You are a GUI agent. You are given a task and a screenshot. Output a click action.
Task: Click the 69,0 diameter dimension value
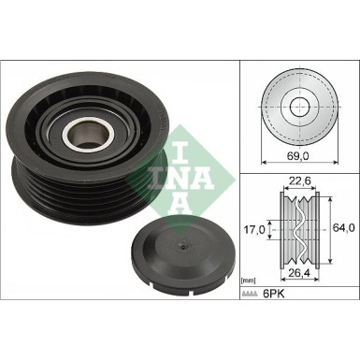[x=299, y=156]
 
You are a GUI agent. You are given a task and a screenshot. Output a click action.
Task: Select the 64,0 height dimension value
[x=344, y=228]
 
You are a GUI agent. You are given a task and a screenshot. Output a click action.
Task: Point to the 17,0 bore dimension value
[x=254, y=230]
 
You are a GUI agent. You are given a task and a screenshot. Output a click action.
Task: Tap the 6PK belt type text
[x=274, y=294]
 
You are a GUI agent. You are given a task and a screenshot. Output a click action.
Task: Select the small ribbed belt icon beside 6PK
[x=250, y=294]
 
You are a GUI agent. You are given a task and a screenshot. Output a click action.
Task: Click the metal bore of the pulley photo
[x=89, y=134]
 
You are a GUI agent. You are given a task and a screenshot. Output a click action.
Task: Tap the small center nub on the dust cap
[x=183, y=247]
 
